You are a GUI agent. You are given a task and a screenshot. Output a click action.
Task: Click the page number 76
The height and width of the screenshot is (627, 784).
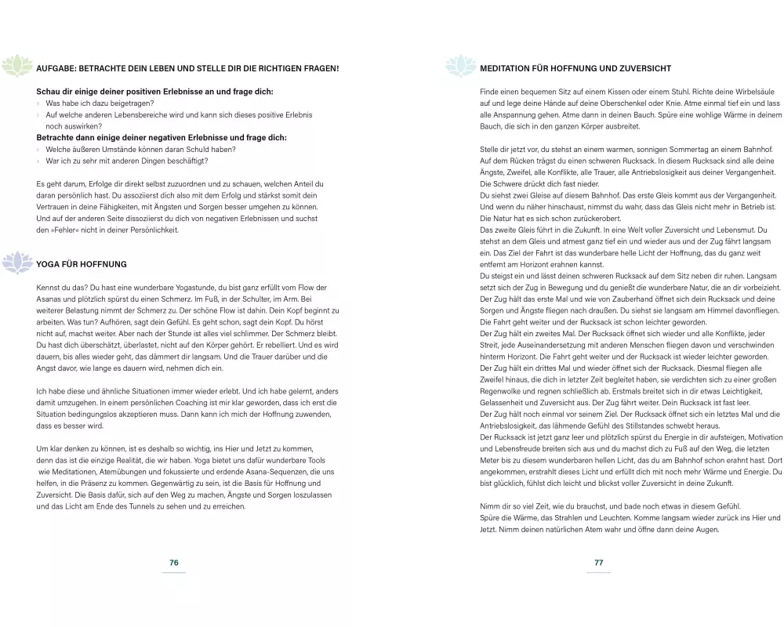tap(174, 563)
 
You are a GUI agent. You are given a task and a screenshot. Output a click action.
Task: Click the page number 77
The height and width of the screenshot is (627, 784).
tap(598, 563)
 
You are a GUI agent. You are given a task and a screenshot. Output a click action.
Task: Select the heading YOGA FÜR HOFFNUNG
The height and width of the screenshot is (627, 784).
tap(82, 264)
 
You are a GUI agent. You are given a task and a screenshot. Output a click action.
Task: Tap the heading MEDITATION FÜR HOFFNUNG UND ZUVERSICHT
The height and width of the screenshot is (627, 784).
tap(575, 69)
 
